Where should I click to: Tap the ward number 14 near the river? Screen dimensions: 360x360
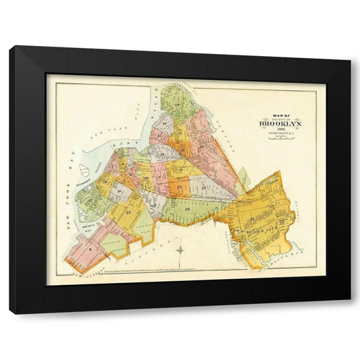click(x=164, y=125)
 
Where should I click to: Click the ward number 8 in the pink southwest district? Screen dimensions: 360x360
click(x=90, y=249)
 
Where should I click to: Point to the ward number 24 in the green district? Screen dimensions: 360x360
click(x=186, y=211)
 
